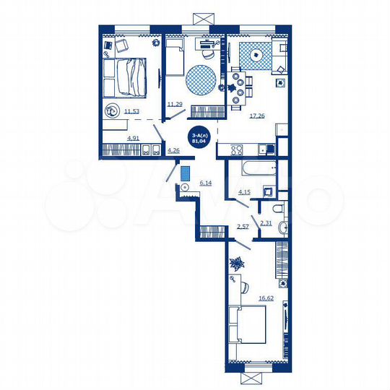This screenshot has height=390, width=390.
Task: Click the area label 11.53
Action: pos(131,110)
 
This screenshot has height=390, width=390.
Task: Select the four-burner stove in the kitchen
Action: pos(236,150)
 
